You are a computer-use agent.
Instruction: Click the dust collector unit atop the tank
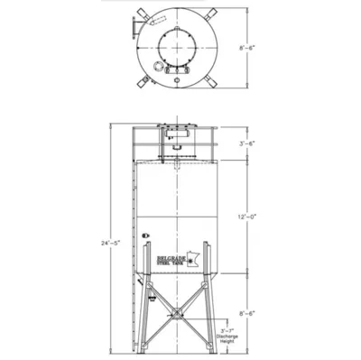pyautogui.click(x=177, y=134)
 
